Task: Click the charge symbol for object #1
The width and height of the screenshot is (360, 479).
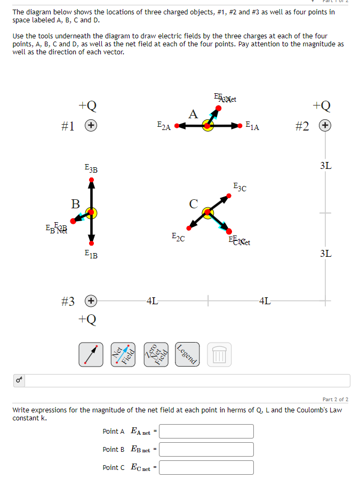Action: pos(92,126)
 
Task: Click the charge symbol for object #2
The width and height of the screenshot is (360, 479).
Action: pos(324,126)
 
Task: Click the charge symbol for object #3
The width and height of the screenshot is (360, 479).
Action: pos(92,301)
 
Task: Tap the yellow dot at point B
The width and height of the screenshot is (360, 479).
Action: pos(92,213)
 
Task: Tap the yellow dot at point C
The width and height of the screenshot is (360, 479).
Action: pos(207,213)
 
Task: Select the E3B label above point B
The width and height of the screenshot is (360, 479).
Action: pos(91,168)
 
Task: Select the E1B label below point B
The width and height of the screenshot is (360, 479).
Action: pos(91,255)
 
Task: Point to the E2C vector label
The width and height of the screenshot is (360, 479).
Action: pos(178,237)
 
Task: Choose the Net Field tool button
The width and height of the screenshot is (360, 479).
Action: pos(123,354)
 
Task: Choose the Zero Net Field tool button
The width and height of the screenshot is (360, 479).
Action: pos(156,354)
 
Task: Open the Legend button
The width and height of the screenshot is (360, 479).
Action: pos(187,354)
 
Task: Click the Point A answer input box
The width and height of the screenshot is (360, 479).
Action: pos(206,431)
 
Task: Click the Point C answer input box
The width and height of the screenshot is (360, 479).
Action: pos(206,467)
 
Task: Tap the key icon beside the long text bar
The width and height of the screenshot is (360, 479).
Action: pos(19,380)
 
